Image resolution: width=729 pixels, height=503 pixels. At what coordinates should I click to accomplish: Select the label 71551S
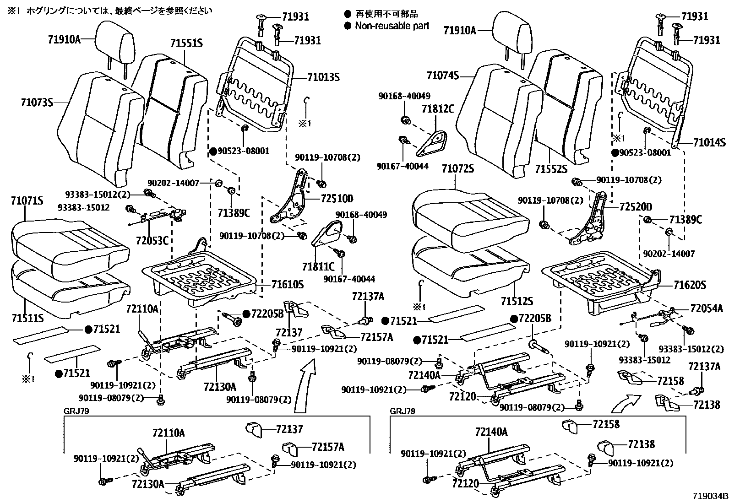click(x=186, y=43)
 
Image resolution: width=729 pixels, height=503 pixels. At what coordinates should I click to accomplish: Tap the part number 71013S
click(x=323, y=77)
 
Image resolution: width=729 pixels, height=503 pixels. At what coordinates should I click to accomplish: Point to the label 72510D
click(x=337, y=199)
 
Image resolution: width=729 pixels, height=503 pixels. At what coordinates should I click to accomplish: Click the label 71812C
click(x=437, y=109)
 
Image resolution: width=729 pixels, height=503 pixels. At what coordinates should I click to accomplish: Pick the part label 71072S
click(x=457, y=169)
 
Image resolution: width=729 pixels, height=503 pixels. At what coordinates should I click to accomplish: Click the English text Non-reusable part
click(x=392, y=26)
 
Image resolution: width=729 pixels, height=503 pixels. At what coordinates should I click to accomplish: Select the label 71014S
click(x=709, y=143)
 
